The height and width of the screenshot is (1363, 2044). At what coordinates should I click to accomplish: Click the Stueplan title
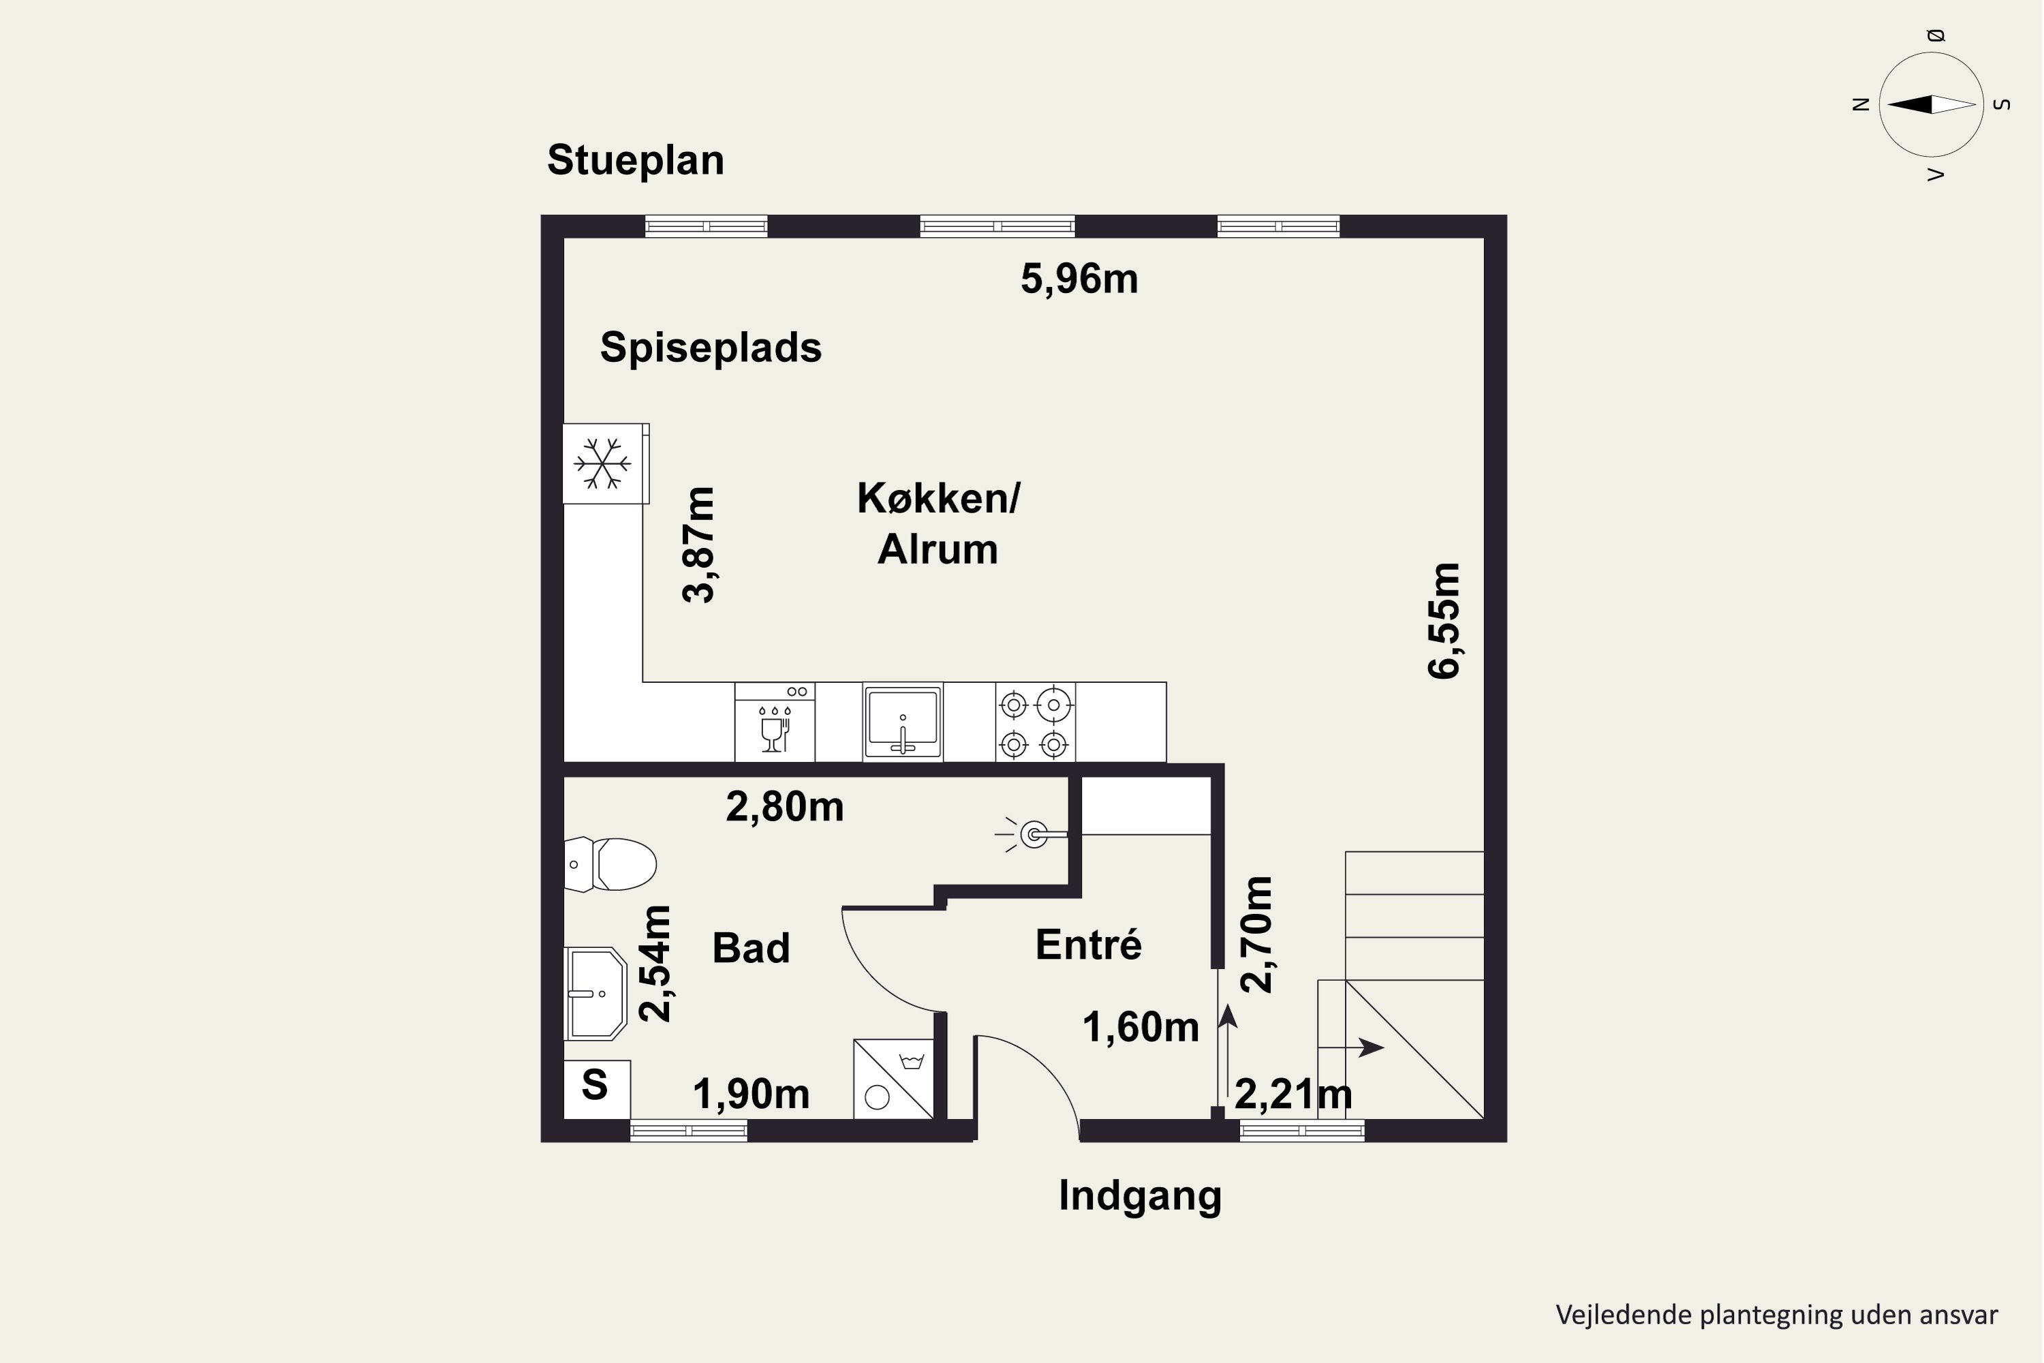coord(635,161)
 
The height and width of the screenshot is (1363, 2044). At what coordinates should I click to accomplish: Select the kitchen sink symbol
coord(903,722)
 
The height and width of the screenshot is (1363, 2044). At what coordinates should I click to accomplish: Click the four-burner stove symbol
coord(1035,722)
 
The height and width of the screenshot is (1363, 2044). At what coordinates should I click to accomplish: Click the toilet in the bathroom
coord(610,864)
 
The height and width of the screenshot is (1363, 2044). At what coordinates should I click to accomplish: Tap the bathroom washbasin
coord(595,994)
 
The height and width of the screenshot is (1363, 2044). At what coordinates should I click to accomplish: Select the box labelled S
coord(597,1089)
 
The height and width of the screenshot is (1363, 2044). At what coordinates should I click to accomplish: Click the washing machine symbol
coord(893,1079)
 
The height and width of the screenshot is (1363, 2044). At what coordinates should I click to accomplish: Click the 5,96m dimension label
coord(1079,279)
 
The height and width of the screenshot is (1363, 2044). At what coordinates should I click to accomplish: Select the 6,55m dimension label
coord(1444,621)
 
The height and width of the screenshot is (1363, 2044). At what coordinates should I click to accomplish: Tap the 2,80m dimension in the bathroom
coord(785,808)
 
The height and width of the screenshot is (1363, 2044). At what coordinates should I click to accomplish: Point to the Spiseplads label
coord(711,348)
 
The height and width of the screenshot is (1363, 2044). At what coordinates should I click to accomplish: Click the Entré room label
coord(1089,944)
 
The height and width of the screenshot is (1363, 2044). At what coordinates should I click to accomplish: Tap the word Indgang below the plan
coord(1140,1196)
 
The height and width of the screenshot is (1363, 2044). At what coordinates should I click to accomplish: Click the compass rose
coord(1931,104)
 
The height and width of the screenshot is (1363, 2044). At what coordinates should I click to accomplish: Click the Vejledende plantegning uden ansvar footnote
coord(1776,1315)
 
